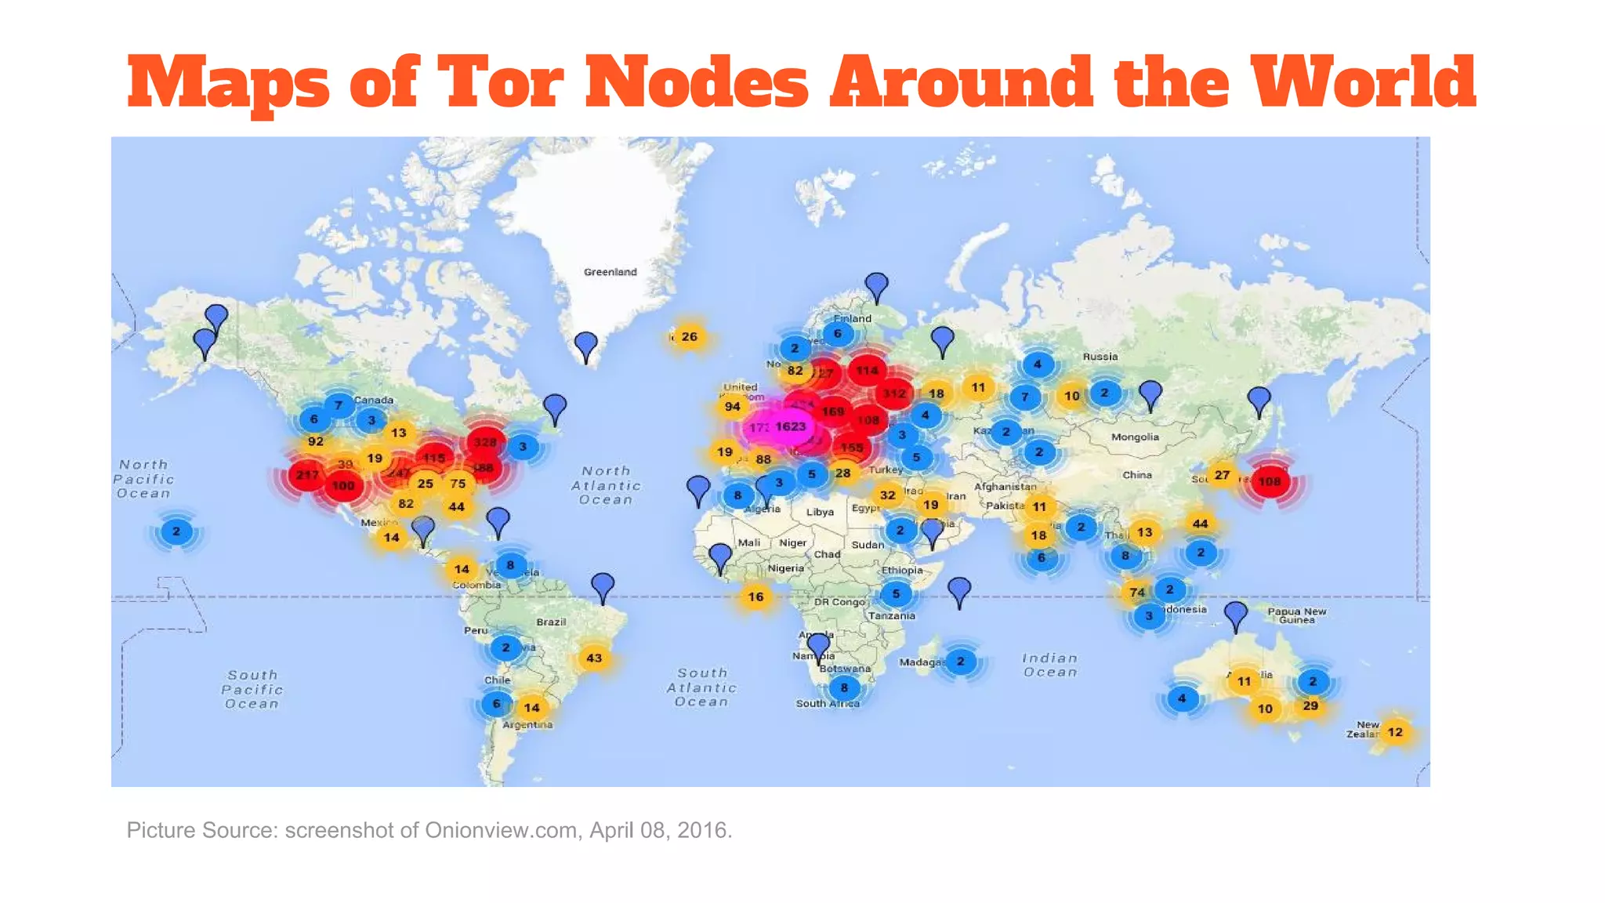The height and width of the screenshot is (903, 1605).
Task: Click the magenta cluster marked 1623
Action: pyautogui.click(x=790, y=426)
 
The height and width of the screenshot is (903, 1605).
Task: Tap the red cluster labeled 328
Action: pyautogui.click(x=485, y=442)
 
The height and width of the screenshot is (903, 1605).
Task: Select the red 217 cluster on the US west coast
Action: pyautogui.click(x=307, y=475)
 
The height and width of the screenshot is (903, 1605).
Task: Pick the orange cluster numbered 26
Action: pyautogui.click(x=689, y=337)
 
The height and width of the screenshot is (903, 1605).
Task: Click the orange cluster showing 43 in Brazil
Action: pyautogui.click(x=594, y=658)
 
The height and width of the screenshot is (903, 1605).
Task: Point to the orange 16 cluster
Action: pyautogui.click(x=755, y=597)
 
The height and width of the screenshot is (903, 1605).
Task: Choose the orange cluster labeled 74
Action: pyautogui.click(x=1137, y=593)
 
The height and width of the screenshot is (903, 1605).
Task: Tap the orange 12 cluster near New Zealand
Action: pyautogui.click(x=1395, y=732)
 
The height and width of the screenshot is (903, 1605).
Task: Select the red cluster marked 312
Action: pyautogui.click(x=894, y=393)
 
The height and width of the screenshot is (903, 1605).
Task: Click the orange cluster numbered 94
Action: pyautogui.click(x=732, y=406)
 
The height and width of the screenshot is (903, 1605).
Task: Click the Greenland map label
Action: pyautogui.click(x=610, y=272)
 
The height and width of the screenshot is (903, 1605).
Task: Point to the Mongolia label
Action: pyautogui.click(x=1135, y=437)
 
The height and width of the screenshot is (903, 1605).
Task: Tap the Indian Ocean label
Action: pyautogui.click(x=1049, y=665)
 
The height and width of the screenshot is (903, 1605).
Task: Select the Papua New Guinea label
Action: pyautogui.click(x=1297, y=615)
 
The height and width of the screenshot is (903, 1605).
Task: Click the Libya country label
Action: pyautogui.click(x=820, y=512)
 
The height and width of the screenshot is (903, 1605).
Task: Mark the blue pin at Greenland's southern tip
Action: pyautogui.click(x=585, y=346)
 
